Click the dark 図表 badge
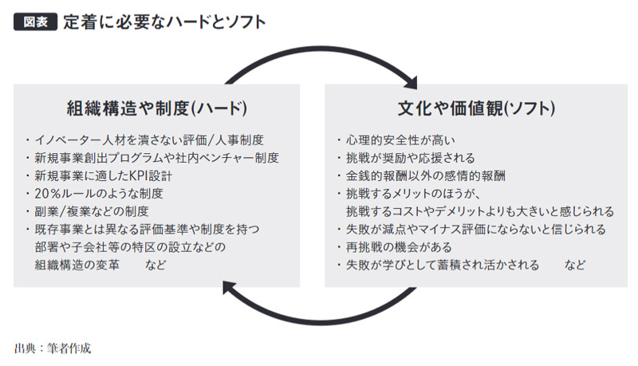click(35, 22)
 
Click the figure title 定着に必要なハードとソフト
click(164, 22)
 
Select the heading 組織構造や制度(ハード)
click(156, 108)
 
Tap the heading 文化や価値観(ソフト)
click(476, 108)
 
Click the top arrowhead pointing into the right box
click(411, 83)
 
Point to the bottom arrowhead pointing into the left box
click(229, 288)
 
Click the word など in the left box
click(156, 266)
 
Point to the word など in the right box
click(574, 266)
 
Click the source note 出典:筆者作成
click(53, 348)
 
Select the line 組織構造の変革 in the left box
click(77, 266)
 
